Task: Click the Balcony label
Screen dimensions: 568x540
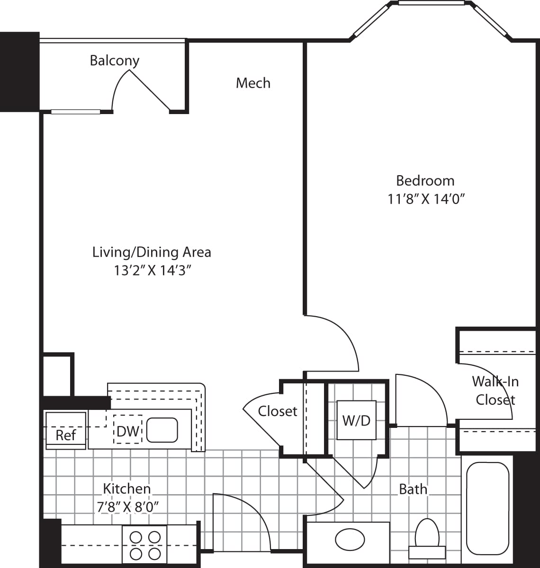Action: (115, 61)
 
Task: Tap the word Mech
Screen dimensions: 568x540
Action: (253, 83)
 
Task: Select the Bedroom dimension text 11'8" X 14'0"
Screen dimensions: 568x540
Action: (425, 199)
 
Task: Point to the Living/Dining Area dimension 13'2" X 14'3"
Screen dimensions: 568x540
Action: (152, 271)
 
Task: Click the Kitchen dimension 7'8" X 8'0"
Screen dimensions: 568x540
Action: (127, 507)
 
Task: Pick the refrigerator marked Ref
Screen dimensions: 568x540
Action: (65, 430)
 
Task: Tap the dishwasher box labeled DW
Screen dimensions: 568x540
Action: (127, 431)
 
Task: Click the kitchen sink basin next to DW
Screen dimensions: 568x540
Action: (162, 430)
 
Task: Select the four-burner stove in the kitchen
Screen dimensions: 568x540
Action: (144, 545)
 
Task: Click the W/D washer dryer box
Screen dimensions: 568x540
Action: (356, 420)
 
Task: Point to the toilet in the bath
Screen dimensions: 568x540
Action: (427, 538)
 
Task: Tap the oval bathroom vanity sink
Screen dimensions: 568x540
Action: (350, 539)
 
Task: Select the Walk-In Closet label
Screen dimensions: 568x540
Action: (495, 390)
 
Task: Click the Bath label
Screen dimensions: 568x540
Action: (413, 489)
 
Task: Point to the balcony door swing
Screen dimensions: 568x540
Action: (137, 90)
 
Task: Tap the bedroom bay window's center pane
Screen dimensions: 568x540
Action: (431, 3)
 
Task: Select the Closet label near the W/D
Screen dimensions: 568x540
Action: (278, 411)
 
